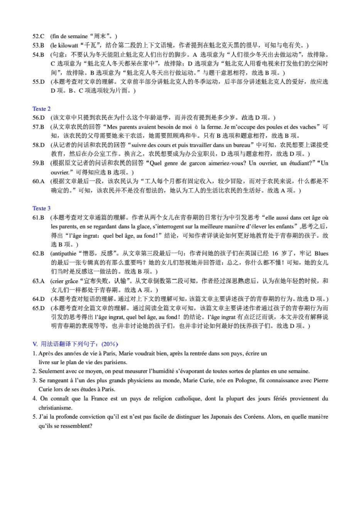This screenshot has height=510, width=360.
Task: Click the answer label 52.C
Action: coord(38,36)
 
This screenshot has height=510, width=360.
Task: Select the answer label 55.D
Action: coord(38,82)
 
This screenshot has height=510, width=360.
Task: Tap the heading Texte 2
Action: coord(41,109)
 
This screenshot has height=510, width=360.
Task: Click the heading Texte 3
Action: coord(41,208)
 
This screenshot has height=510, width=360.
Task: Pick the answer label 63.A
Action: coord(38,280)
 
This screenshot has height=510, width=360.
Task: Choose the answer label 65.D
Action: coord(38,308)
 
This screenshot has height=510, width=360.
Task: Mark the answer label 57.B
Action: coord(38,127)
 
